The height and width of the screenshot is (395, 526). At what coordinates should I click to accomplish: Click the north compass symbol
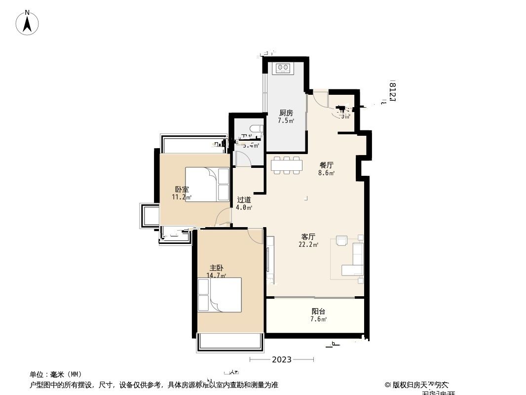click(x=28, y=23)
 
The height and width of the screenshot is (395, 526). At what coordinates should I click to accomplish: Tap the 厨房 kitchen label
click(x=286, y=113)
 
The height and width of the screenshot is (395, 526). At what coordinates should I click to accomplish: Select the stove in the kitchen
click(x=283, y=67)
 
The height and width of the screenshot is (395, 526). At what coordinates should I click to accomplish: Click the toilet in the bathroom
click(x=255, y=129)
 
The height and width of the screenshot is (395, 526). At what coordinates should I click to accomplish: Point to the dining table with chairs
click(x=286, y=165)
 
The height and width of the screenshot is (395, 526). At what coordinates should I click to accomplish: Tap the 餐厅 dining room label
click(x=326, y=165)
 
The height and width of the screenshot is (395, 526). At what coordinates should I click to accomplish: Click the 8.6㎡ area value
click(x=326, y=173)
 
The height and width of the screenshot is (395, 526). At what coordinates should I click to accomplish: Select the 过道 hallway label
click(x=244, y=199)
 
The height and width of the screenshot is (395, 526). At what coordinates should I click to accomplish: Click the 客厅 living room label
click(x=308, y=237)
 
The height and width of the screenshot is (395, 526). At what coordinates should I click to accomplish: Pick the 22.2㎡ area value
click(x=308, y=244)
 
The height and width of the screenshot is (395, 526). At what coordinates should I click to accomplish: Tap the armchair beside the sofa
click(x=341, y=240)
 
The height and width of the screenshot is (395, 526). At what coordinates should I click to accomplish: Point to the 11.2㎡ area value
click(x=181, y=197)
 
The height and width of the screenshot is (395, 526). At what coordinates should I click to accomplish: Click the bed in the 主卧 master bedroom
click(x=220, y=295)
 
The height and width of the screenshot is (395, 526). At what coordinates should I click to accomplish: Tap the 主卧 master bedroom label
click(x=216, y=268)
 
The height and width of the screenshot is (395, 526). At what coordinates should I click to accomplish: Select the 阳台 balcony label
click(x=318, y=311)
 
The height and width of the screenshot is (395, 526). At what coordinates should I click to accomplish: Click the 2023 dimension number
click(x=281, y=359)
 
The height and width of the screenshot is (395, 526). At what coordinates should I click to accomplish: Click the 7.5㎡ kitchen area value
click(x=286, y=120)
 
